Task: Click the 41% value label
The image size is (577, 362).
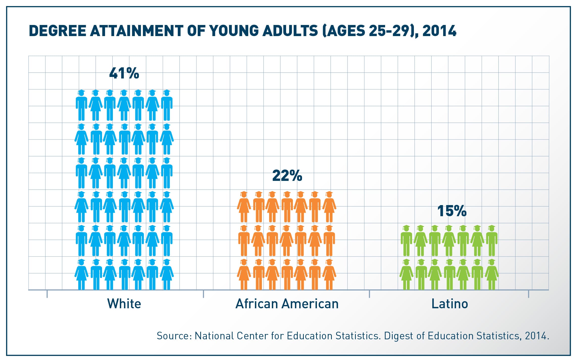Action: coord(124,73)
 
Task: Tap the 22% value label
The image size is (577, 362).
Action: coord(287,176)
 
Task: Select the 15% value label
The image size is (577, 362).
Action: coord(452,211)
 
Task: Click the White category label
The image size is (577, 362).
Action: coord(124,303)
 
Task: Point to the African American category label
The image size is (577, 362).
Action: coord(287,303)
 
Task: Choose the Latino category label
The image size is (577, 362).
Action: coord(450,303)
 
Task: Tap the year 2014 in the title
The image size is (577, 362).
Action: coord(439,31)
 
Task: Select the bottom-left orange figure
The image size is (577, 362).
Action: coord(244,274)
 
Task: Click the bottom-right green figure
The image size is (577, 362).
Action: coord(492,274)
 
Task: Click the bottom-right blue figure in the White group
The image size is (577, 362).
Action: coord(167,274)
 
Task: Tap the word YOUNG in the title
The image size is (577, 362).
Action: coord(234,31)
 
